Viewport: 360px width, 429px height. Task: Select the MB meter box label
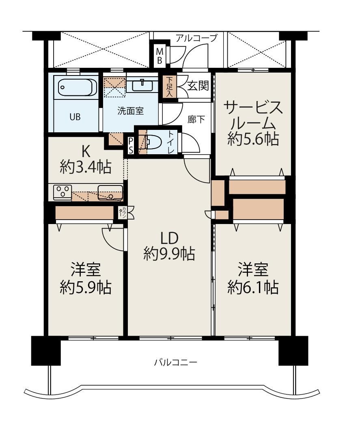[x=160, y=56]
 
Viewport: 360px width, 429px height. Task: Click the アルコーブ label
[x=196, y=38]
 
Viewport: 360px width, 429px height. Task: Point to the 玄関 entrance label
[x=198, y=86]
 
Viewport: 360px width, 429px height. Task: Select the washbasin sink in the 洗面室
[x=142, y=85]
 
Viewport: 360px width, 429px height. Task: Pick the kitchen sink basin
[x=110, y=192]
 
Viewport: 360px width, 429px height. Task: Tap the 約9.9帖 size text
[x=169, y=254]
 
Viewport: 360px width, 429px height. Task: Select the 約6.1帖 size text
[x=253, y=287]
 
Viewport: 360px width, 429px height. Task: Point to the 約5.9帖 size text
[x=86, y=287]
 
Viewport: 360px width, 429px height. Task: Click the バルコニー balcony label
[x=175, y=363]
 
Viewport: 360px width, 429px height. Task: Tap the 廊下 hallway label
[x=196, y=119]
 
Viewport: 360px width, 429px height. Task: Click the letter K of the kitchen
[x=85, y=150]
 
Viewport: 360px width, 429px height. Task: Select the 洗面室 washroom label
[x=131, y=111]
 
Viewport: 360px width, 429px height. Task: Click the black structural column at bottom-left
[x=46, y=351]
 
